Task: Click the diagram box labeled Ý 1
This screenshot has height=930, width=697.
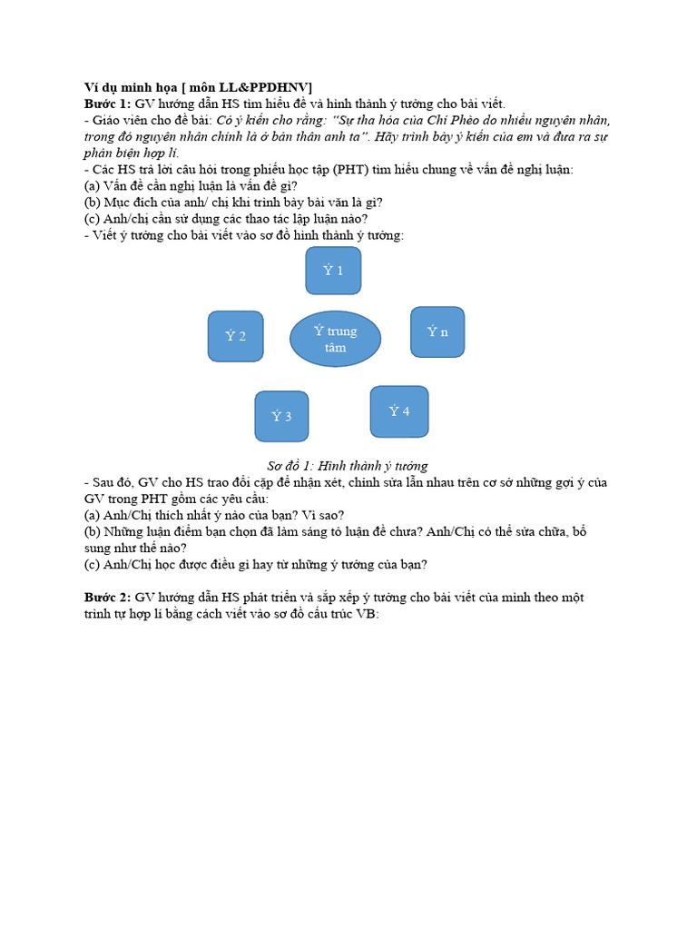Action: pos(333,271)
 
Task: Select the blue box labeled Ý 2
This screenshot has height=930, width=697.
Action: pos(235,336)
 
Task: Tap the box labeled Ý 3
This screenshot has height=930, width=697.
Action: pos(281,416)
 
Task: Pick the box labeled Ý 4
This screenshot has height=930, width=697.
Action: pos(399,411)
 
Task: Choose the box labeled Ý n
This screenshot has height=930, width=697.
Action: pos(437,331)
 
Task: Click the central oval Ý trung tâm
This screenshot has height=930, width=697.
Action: pos(335,339)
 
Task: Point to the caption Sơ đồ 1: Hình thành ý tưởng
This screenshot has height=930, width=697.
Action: pos(347,466)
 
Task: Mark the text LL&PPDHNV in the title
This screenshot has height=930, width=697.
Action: pos(270,87)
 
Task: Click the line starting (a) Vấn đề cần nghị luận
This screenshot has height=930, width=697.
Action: pos(196,185)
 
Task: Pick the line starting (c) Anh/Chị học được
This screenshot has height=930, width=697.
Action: pos(255,564)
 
